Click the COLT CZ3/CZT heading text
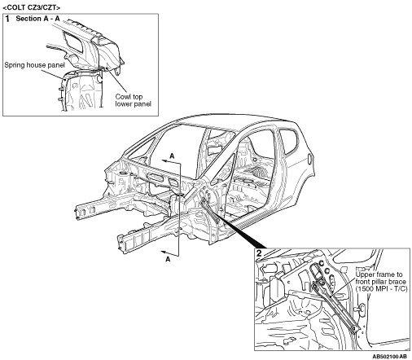32,7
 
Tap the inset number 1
7,19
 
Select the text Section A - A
37,19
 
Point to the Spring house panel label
34,65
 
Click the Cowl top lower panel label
133,100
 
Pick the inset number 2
259,253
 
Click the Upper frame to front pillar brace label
381,282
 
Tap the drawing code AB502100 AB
389,356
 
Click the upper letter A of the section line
172,156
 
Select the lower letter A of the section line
168,259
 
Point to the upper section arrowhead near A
164,161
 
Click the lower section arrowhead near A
164,252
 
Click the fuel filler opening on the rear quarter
310,159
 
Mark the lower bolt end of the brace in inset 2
353,329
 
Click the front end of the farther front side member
78,212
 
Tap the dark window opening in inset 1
72,42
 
